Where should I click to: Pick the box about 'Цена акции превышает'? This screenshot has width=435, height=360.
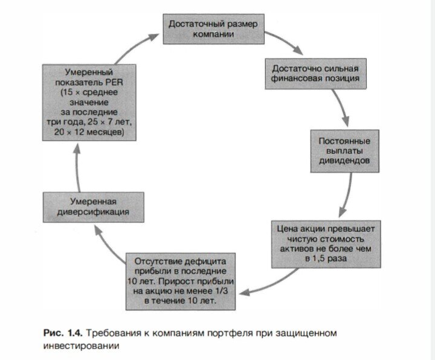point(324,244)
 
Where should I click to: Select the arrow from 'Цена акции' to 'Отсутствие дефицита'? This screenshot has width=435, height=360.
point(257,284)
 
